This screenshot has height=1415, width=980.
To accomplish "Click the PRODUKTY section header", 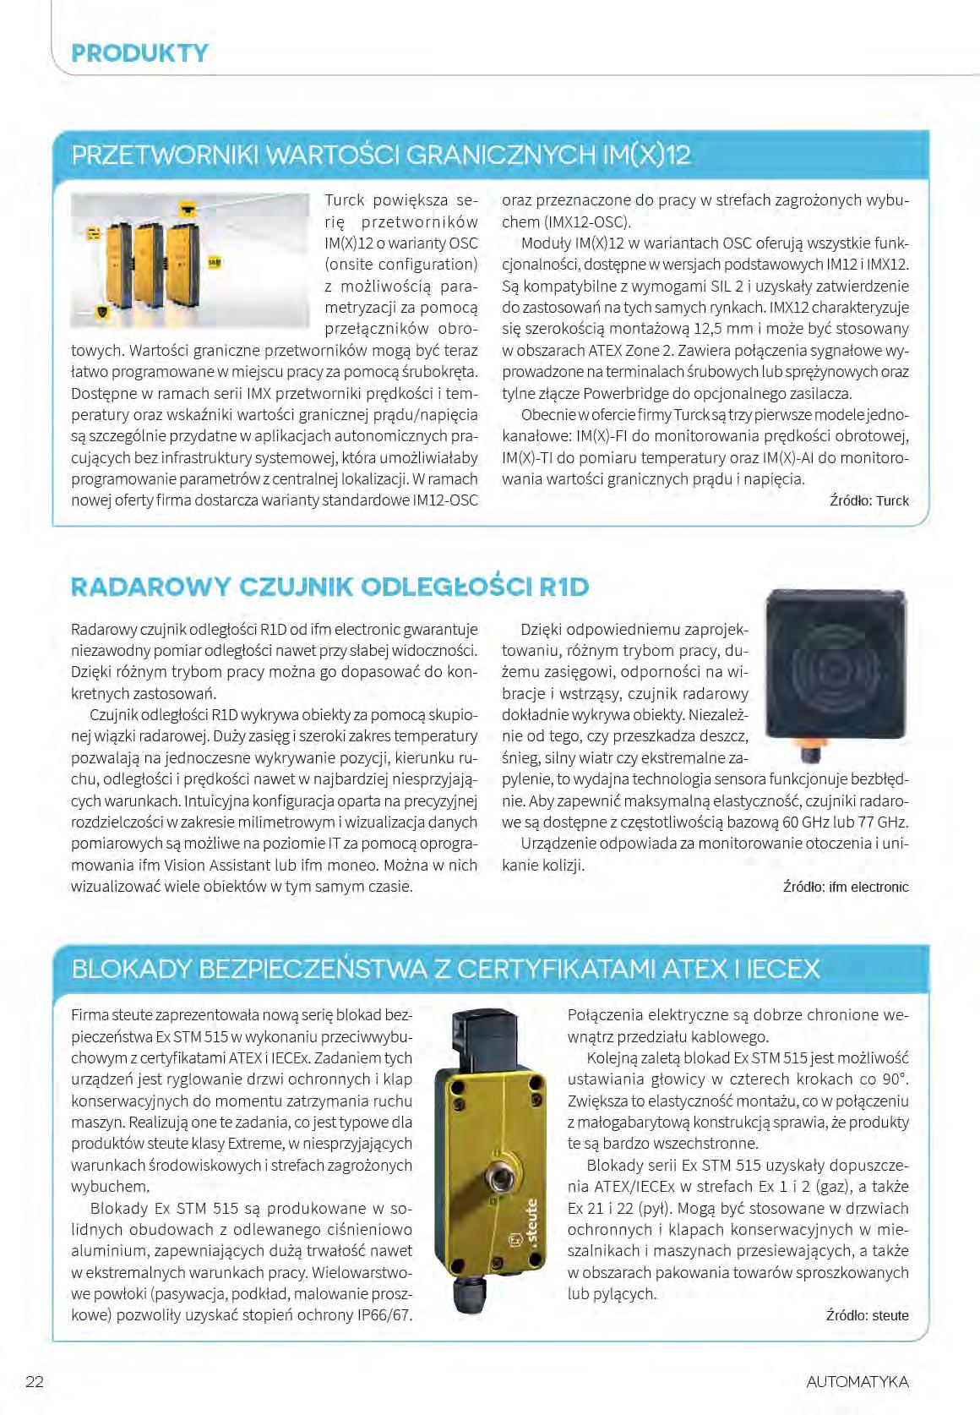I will click(x=139, y=53).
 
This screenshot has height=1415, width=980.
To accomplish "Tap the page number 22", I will click(x=35, y=1382).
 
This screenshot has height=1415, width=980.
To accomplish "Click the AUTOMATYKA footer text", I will click(x=857, y=1382).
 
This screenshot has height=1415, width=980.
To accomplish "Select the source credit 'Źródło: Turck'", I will click(x=868, y=500).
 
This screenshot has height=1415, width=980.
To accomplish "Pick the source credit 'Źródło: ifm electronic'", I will click(x=845, y=887).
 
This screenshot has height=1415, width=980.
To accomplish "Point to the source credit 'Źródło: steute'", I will click(x=867, y=1315).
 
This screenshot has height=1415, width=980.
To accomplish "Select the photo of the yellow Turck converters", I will click(x=190, y=260).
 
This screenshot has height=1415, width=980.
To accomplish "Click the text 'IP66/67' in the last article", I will click(x=385, y=1315).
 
